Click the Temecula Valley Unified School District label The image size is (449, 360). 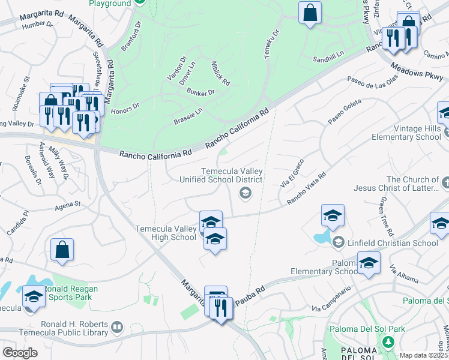click(x=232, y=175)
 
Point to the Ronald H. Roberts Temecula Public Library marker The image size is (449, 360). click(x=118, y=328)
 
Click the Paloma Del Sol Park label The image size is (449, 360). click(x=368, y=329)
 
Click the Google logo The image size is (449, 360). click(x=20, y=352)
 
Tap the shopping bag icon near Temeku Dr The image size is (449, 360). click(x=310, y=13)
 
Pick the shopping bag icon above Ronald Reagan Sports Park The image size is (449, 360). click(x=62, y=250)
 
